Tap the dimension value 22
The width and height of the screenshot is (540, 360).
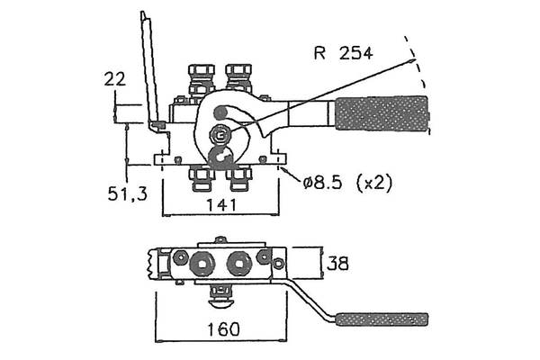click(x=113, y=80)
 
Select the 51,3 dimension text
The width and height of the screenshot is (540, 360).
click(x=125, y=193)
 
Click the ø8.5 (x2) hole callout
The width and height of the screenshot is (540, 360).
click(x=347, y=183)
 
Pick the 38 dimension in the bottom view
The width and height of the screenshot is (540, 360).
click(x=338, y=264)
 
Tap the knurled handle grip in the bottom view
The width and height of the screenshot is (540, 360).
click(x=382, y=319)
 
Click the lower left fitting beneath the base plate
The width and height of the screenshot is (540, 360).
click(x=199, y=179)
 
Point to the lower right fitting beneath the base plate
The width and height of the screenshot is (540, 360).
click(x=238, y=179)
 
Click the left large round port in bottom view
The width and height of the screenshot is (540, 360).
click(x=199, y=262)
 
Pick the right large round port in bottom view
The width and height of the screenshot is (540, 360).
click(x=238, y=262)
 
